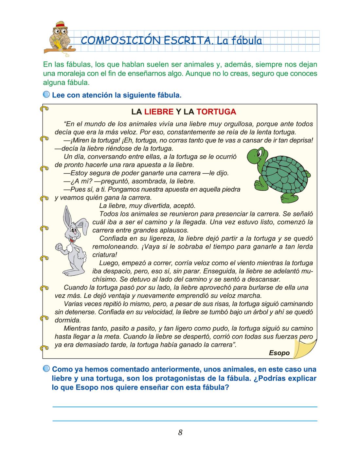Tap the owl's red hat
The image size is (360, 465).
tap(60, 25)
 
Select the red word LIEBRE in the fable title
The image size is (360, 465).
tap(159, 112)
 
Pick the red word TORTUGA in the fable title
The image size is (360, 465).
tap(216, 112)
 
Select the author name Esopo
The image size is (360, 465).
tap(279, 353)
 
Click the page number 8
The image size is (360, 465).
tap(180, 433)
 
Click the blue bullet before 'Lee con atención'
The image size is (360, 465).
tap(47, 95)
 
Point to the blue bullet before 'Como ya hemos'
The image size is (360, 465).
tap(47, 369)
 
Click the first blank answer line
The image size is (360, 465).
tap(185, 406)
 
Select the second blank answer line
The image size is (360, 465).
tap(185, 421)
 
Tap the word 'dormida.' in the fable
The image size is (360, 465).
tap(67, 320)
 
